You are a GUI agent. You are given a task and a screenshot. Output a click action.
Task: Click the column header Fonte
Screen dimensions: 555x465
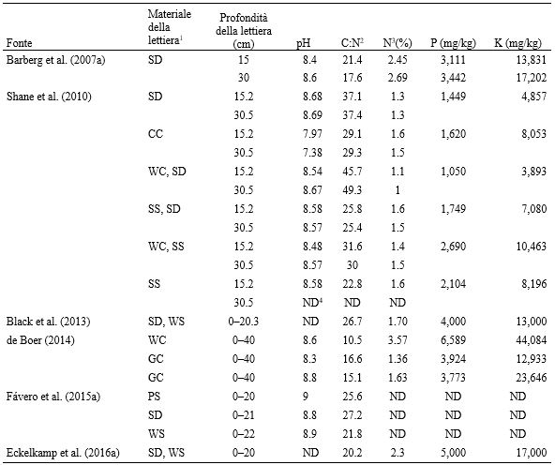[19, 43]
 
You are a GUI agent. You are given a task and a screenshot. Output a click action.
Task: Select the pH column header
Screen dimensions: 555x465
[304, 43]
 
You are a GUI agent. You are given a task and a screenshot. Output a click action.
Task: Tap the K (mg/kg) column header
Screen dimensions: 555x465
[517, 43]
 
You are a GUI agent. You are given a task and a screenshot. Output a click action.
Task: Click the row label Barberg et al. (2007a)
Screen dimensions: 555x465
[56, 60]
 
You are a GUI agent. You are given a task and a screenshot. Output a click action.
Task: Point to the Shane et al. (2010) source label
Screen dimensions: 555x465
[49, 97]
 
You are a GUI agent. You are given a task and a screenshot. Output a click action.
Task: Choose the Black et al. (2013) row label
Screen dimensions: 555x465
[48, 322]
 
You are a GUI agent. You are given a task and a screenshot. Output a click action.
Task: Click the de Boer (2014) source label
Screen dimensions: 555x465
[40, 340]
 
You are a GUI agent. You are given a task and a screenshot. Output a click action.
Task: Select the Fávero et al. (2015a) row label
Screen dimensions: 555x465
[53, 397]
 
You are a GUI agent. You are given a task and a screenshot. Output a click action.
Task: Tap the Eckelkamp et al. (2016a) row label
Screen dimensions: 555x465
[63, 453]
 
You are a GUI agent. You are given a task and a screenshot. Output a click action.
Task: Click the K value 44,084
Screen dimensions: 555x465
[531, 340]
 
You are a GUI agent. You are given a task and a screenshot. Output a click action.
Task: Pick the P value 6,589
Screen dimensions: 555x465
[453, 340]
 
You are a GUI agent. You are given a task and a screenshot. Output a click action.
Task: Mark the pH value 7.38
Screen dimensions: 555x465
[312, 153]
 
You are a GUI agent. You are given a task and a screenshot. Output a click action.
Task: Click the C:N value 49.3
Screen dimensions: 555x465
[352, 190]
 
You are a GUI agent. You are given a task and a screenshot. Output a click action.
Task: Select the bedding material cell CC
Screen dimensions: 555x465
[156, 134]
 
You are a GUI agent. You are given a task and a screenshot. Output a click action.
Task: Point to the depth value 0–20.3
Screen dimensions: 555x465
[244, 322]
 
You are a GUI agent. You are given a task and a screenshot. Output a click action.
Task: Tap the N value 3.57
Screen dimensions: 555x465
[397, 340]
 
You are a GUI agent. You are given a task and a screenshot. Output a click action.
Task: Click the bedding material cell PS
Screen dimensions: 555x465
[154, 397]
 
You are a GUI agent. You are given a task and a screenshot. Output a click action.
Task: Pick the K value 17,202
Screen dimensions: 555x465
[531, 78]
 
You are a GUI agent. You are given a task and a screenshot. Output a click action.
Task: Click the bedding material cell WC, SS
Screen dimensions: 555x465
[166, 247]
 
